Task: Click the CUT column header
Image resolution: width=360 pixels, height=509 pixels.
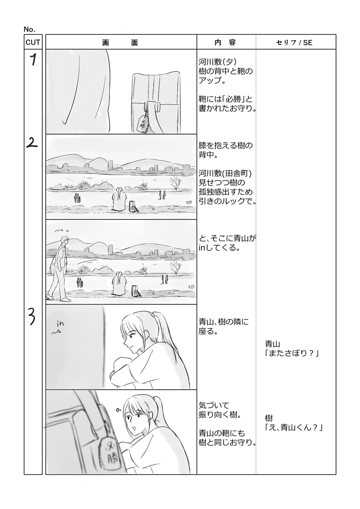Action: (33, 42)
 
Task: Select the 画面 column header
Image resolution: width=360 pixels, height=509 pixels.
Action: (121, 42)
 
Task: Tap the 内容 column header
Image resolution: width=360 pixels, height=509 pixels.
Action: (226, 42)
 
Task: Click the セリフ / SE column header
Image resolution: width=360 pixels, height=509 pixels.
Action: (294, 42)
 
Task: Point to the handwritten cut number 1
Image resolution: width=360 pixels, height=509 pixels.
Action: (33, 60)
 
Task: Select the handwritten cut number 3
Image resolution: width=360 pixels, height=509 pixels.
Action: (32, 315)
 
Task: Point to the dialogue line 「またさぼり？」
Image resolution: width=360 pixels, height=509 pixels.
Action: (292, 353)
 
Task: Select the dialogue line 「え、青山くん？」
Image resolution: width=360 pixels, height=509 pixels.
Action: (294, 428)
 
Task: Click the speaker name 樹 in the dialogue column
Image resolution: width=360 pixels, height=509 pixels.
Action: (269, 418)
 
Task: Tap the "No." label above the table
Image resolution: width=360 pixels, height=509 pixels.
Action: (30, 29)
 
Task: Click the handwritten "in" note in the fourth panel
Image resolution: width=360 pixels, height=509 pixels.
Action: (60, 323)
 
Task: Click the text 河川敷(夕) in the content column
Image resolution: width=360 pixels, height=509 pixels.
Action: (217, 62)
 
